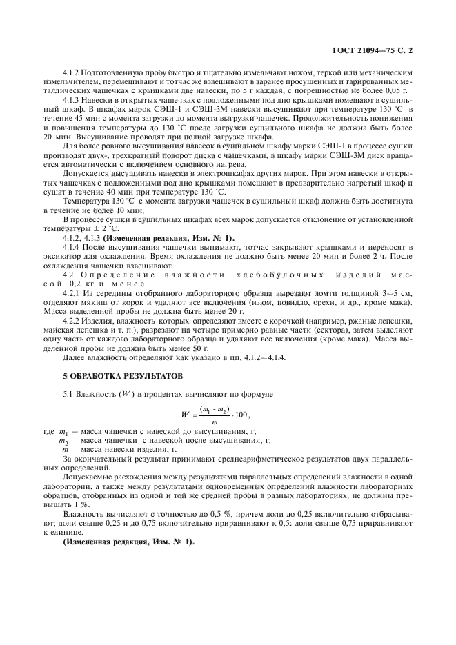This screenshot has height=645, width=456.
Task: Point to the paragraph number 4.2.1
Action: coord(72,293)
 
